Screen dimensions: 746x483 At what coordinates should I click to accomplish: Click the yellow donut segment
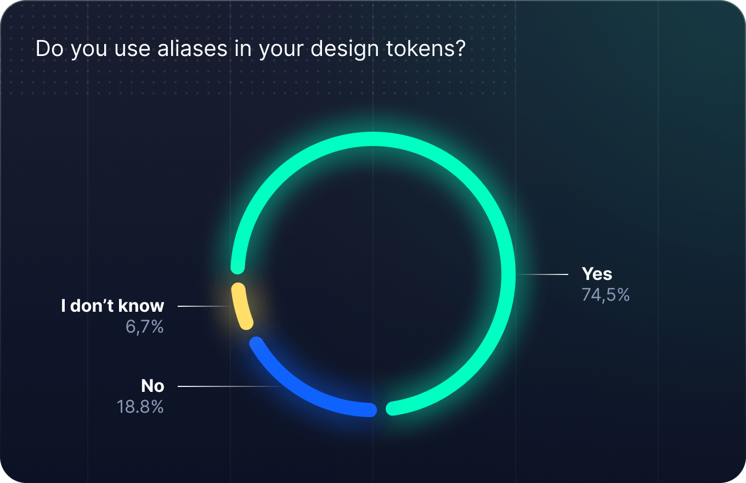[241, 307]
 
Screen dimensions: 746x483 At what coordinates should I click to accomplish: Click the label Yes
[597, 274]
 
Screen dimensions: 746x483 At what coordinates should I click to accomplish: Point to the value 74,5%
[606, 295]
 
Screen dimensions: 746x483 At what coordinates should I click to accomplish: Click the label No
[152, 386]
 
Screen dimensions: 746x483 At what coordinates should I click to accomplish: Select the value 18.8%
[140, 407]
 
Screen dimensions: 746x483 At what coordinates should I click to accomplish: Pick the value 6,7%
[145, 327]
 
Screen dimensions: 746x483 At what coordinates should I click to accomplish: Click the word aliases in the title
[193, 49]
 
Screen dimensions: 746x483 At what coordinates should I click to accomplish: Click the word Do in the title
[49, 49]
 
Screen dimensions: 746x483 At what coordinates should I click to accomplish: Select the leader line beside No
[228, 386]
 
